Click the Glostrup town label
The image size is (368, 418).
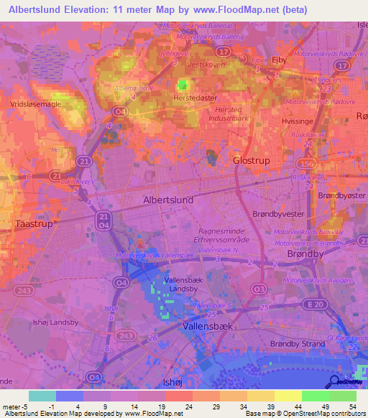coord(252,161)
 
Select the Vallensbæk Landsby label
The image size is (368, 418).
coord(183,285)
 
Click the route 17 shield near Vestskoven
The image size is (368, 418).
coord(224,52)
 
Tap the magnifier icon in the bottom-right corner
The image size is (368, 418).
coord(336,382)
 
